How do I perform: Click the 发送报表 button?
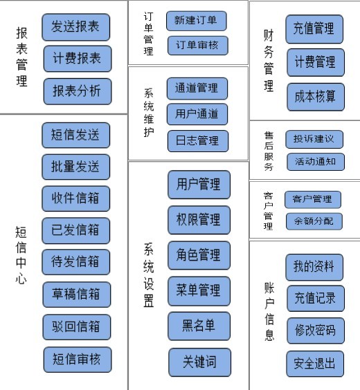76,27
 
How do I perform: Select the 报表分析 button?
78,91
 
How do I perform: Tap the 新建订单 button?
197,21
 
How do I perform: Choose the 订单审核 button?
198,46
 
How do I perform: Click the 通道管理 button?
197,89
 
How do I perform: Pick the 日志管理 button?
198,141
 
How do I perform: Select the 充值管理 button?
314,29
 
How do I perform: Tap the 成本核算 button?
316,97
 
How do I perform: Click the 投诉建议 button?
314,139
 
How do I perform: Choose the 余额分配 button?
314,221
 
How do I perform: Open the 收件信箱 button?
76,198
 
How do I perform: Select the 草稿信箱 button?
77,295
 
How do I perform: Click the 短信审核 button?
78,360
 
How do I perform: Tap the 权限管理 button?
199,220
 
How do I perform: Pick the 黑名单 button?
199,326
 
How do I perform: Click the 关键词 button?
199,362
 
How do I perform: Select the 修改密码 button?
316,331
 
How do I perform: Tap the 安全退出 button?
315,364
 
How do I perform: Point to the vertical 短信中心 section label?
21,255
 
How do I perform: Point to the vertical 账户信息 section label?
269,312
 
